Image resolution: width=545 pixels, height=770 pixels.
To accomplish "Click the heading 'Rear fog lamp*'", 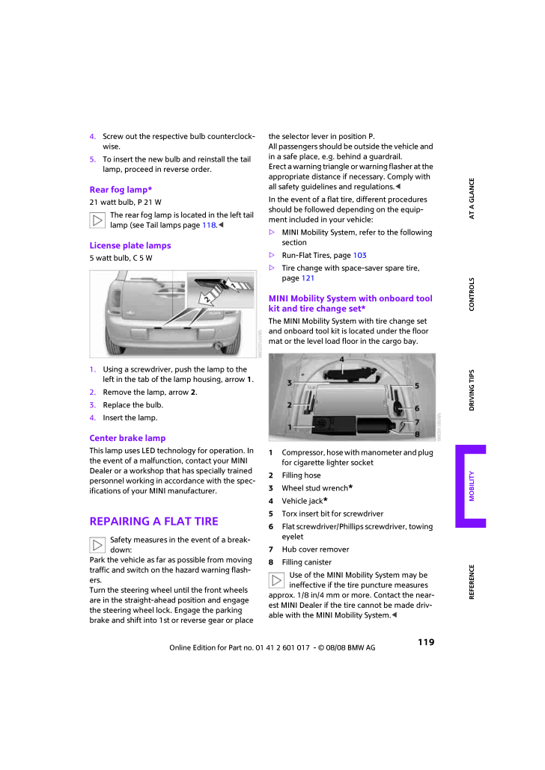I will click(121, 190).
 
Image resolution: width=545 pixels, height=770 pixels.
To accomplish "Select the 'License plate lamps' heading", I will click(130, 245).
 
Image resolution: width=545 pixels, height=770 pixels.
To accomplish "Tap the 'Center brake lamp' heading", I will click(127, 438).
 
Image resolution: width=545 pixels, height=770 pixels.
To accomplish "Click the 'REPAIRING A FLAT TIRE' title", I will click(153, 521).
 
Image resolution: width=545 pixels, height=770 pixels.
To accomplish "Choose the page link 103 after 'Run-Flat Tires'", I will click(359, 255).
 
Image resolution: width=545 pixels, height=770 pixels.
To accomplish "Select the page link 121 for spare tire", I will click(308, 278).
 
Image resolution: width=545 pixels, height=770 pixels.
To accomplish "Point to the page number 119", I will click(426, 641).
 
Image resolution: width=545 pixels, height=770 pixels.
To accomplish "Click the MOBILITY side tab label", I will click(472, 485).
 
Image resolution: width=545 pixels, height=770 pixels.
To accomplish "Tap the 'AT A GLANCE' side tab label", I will click(472, 198).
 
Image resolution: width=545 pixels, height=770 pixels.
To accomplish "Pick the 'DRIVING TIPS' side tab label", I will click(472, 389).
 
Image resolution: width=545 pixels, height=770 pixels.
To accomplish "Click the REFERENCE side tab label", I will click(472, 582).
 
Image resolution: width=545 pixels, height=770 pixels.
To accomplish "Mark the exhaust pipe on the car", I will click(219, 346).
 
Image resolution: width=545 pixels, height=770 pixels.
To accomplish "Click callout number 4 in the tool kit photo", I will click(341, 360).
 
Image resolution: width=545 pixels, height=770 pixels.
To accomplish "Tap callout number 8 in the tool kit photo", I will click(416, 434).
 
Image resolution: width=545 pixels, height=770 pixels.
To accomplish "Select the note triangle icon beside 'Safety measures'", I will click(97, 546).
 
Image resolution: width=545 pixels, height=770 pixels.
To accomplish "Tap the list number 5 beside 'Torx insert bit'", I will click(271, 514).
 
